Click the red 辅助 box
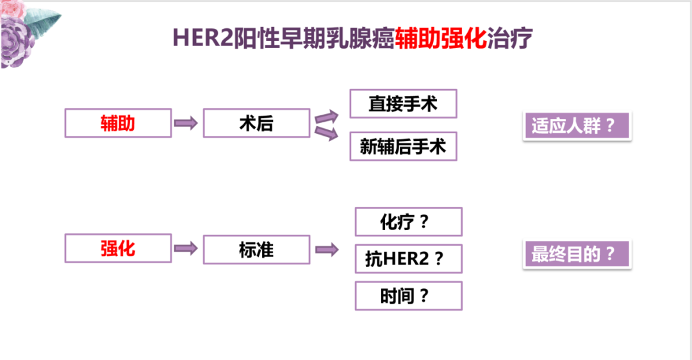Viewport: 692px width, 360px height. [118, 123]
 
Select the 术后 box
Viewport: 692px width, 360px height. [256, 123]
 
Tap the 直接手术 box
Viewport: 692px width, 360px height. [403, 104]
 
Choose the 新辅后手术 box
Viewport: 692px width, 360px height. [403, 146]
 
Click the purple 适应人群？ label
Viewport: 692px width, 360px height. [577, 126]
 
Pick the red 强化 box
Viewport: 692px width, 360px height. [118, 249]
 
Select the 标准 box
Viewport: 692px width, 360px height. [256, 249]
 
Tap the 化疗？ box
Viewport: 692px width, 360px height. [408, 222]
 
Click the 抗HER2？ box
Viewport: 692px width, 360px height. [408, 259]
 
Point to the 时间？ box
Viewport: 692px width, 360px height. [408, 296]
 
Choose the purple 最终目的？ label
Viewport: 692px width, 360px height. [577, 254]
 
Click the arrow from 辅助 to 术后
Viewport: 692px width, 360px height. [186, 123]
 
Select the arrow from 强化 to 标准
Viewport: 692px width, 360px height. [186, 249]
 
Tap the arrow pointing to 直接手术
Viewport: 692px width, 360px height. [326, 116]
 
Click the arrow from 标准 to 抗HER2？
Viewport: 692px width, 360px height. [326, 250]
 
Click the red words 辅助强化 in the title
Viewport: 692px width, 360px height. [441, 38]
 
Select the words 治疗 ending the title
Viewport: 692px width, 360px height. [510, 38]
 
